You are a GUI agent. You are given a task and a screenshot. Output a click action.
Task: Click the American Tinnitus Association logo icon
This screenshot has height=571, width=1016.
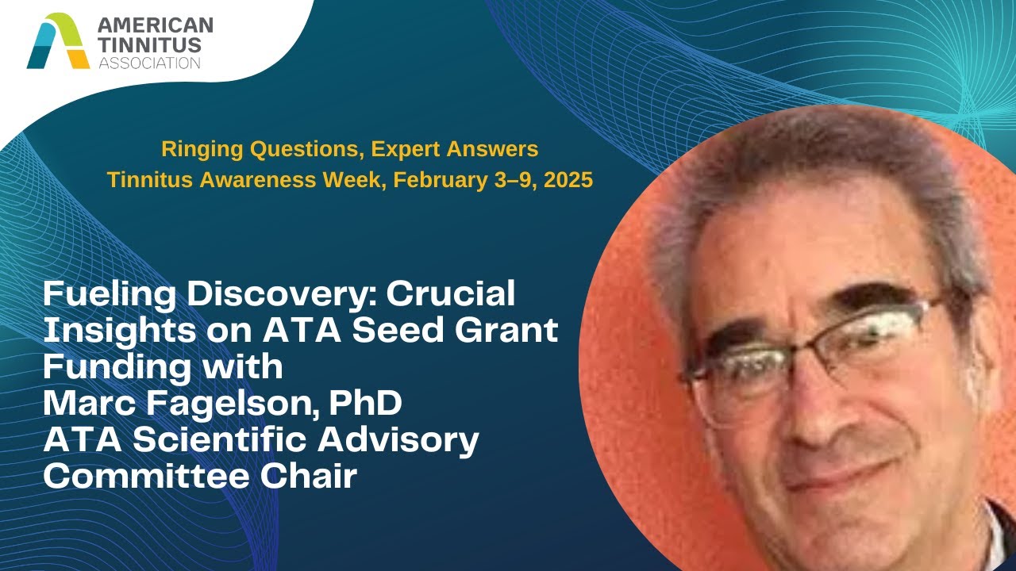(58, 40)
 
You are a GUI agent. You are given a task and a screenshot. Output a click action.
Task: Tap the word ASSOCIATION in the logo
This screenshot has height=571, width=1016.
(149, 62)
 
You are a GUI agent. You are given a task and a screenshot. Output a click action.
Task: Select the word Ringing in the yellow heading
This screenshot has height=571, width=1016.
(197, 148)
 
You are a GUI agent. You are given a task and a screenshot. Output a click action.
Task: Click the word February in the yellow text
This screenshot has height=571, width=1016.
(438, 180)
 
